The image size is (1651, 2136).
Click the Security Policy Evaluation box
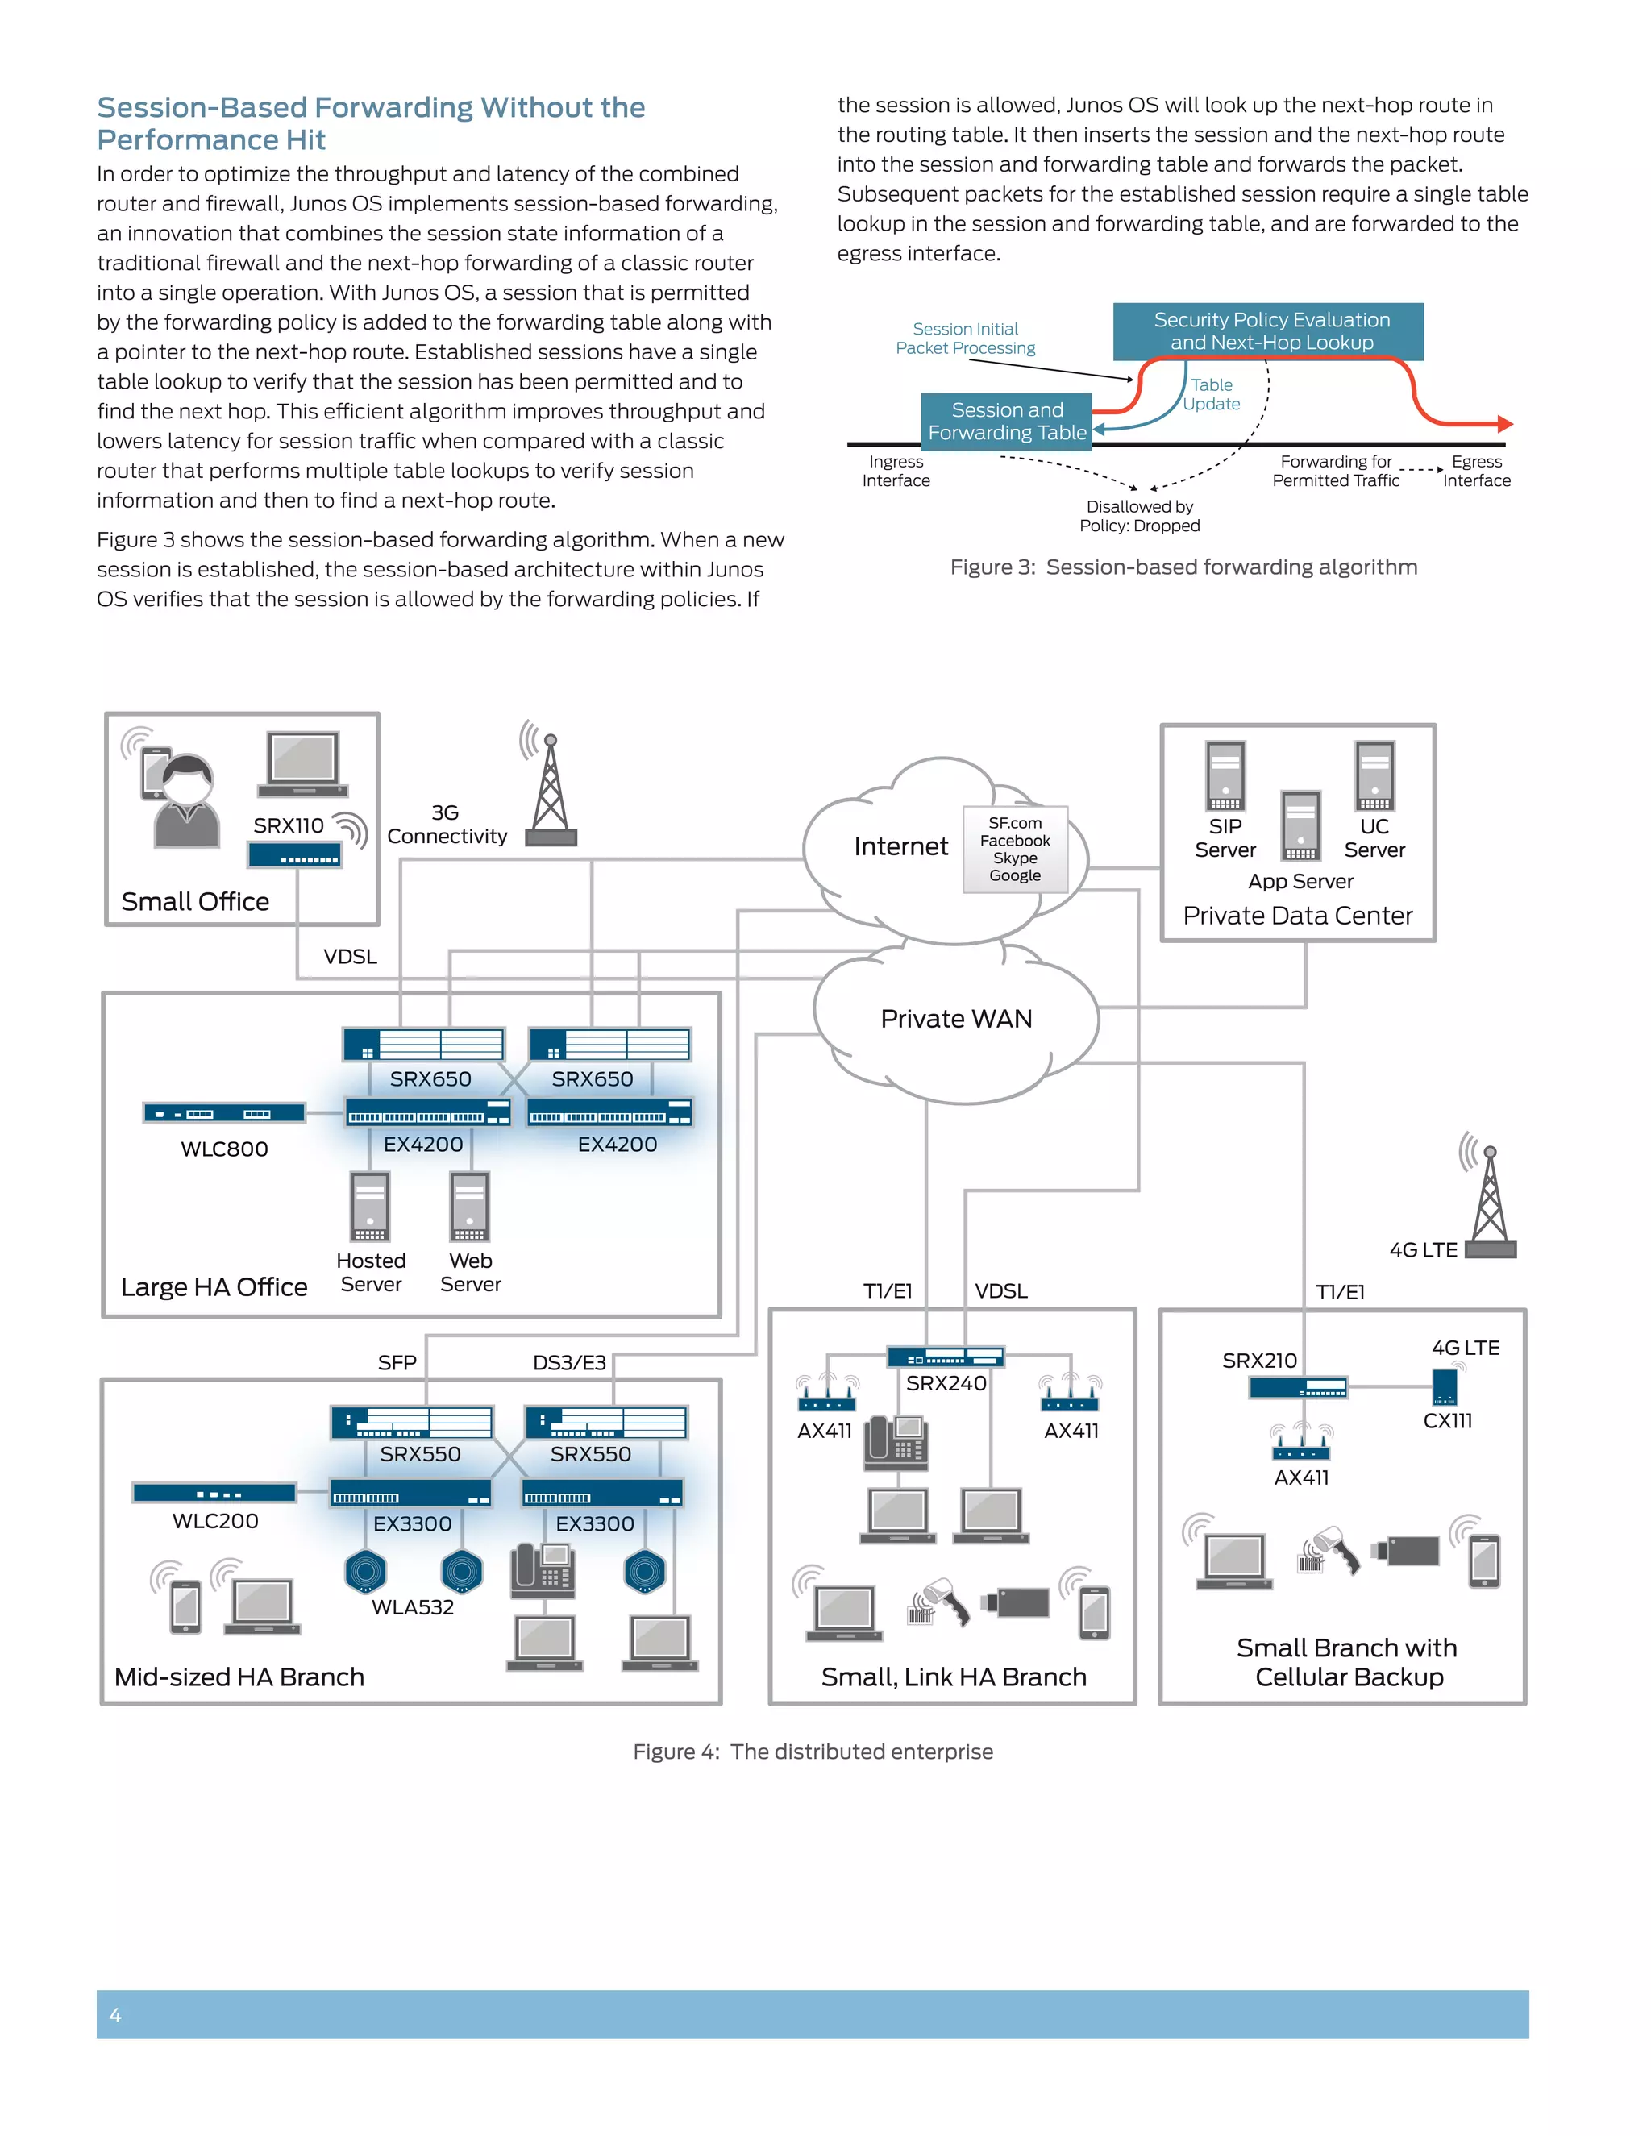(x=1267, y=331)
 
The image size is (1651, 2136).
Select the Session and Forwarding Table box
(x=1006, y=422)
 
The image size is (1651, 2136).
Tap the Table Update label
(x=1212, y=394)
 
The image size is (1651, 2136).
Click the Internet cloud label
(x=900, y=846)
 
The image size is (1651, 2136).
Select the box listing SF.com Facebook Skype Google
(x=1014, y=849)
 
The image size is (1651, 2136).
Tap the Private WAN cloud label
(x=955, y=1019)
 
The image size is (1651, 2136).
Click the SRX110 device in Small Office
(x=295, y=856)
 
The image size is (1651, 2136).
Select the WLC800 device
(x=224, y=1113)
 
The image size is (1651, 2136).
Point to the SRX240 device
(x=945, y=1357)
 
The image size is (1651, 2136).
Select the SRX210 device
(x=1298, y=1388)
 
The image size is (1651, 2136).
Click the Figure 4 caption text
(x=813, y=1752)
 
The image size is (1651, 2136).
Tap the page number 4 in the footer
(x=115, y=2015)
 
